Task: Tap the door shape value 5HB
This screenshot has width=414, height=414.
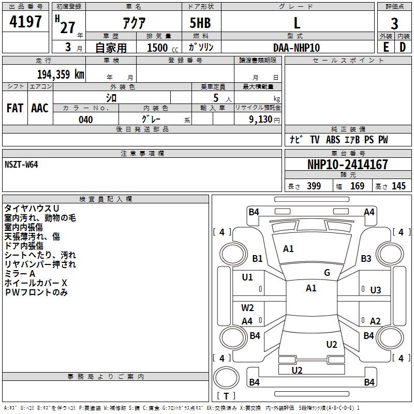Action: (200, 23)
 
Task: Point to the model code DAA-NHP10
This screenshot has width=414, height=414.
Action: (297, 48)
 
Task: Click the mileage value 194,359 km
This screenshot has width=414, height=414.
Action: (61, 75)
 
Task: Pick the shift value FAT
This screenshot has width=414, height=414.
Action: (15, 108)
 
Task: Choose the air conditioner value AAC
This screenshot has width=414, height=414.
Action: (40, 108)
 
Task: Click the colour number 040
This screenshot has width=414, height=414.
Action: (85, 120)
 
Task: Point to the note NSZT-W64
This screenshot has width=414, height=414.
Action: (21, 164)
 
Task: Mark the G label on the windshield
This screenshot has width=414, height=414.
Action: (327, 273)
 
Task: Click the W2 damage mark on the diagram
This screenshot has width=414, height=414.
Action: (247, 308)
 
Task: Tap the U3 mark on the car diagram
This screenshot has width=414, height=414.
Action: (376, 290)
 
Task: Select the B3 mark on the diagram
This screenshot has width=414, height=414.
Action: (366, 258)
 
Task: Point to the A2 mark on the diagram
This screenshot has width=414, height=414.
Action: (376, 321)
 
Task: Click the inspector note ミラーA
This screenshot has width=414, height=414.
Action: (20, 273)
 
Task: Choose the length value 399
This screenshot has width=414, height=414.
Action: (314, 186)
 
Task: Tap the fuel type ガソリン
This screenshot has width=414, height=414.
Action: (201, 48)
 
